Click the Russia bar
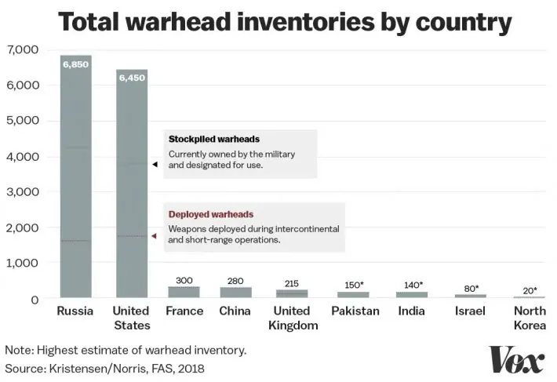75,176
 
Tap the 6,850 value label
75,64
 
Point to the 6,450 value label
131,78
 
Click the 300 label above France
184,280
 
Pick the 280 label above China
235,281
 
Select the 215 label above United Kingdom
292,283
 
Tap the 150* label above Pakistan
353,285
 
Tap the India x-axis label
410,311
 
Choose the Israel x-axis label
470,311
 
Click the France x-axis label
184,311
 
